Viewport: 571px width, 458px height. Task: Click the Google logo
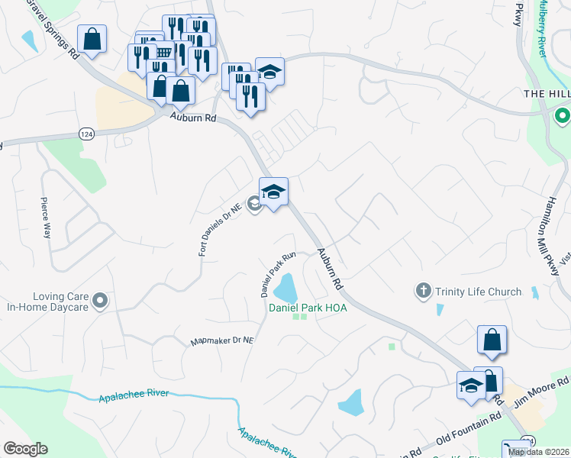click(25, 449)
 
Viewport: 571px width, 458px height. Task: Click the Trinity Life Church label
click(479, 291)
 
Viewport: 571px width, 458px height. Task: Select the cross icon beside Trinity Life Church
click(424, 290)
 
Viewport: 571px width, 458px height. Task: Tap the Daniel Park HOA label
click(308, 308)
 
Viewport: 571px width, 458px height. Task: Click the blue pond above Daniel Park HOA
click(285, 288)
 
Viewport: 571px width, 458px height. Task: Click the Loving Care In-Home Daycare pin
click(99, 302)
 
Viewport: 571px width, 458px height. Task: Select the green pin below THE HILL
click(563, 117)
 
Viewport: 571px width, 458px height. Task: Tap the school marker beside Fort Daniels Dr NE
click(273, 192)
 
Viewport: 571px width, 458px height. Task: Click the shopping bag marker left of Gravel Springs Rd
click(92, 40)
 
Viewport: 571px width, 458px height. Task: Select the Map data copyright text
click(539, 452)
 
